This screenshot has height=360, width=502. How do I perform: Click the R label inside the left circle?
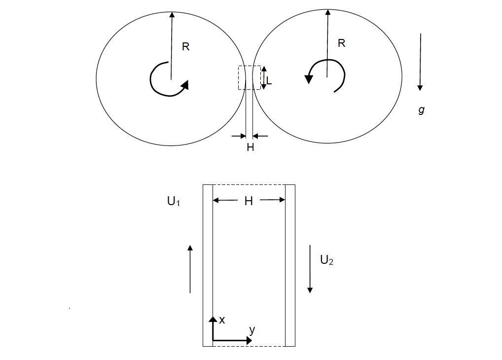click(185, 47)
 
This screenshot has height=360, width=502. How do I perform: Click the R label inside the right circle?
click(341, 43)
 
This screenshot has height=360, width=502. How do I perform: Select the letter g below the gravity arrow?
click(421, 110)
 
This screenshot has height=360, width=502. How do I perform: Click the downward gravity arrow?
click(420, 62)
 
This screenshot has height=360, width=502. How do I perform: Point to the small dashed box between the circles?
click(249, 77)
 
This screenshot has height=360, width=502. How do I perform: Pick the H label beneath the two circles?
click(250, 147)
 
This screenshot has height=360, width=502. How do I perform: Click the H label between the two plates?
click(249, 201)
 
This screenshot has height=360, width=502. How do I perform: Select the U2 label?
click(326, 260)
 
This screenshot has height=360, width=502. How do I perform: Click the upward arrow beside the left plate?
click(190, 269)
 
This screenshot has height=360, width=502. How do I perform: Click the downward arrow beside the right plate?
click(310, 269)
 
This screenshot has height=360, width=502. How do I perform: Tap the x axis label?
click(222, 320)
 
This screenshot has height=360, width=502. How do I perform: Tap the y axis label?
click(252, 330)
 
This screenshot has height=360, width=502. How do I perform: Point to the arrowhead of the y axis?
click(248, 340)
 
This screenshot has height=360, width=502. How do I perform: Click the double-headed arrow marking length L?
click(263, 77)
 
